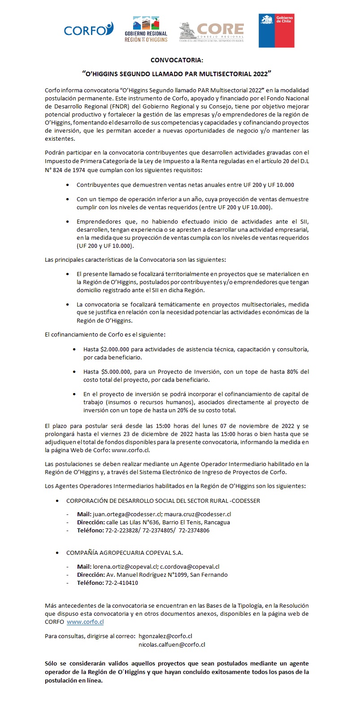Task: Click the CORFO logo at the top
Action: tap(88, 30)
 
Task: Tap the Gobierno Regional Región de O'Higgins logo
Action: tap(146, 30)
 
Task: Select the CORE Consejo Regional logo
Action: tap(212, 31)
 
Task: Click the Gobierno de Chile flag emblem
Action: tap(276, 30)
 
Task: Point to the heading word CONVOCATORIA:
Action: tap(177, 60)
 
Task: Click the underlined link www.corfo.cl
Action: tap(85, 622)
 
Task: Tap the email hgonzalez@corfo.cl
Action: tap(165, 636)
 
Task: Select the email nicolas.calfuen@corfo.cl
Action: tap(172, 644)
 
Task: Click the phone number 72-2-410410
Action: tap(121, 583)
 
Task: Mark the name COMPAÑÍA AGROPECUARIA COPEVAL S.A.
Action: tap(125, 553)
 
